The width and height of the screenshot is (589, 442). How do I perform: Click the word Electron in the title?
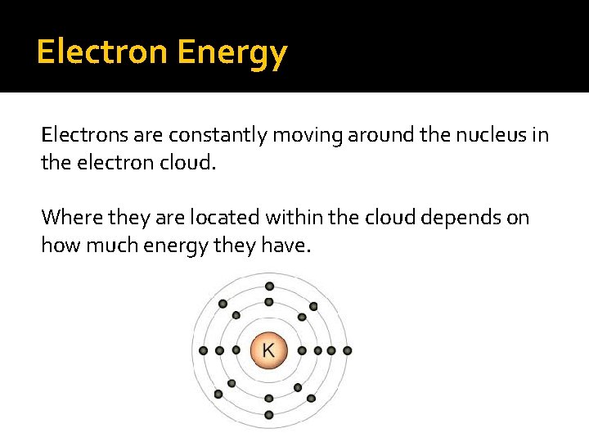102,52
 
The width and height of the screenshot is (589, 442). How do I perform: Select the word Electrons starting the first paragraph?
79,135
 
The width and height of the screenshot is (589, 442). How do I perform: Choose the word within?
293,217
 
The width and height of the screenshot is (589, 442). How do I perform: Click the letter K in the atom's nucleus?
268,350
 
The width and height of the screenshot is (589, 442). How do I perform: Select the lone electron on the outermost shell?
348,350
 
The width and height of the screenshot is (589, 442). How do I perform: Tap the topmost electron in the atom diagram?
269,286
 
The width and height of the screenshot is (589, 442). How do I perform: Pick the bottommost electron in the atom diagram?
269,414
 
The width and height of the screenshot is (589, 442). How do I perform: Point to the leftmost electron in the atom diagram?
204,350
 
